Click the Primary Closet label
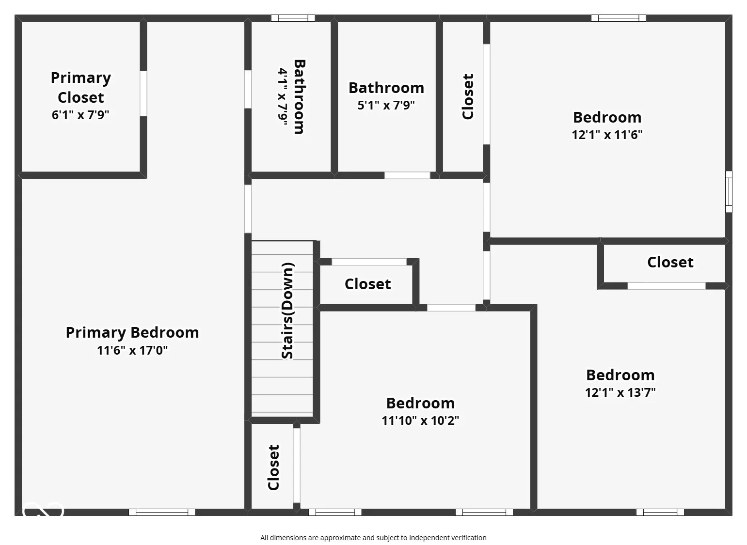[81, 87]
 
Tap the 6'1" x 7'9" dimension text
[80, 115]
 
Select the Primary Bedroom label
[132, 332]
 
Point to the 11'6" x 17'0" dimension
[132, 350]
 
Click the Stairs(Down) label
[287, 311]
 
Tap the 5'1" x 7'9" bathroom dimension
[386, 105]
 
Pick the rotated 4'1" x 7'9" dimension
[283, 97]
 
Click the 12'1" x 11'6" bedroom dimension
[607, 135]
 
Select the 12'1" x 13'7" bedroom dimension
[620, 392]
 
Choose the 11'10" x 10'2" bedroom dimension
[420, 420]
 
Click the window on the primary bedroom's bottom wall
[162, 512]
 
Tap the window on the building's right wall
[728, 191]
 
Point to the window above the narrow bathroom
[293, 18]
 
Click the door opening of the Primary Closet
[143, 93]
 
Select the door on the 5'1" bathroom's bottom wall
[407, 175]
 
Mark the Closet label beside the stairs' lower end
[274, 467]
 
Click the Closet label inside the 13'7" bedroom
[670, 262]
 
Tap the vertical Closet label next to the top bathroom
[468, 96]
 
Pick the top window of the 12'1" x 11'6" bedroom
[618, 18]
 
